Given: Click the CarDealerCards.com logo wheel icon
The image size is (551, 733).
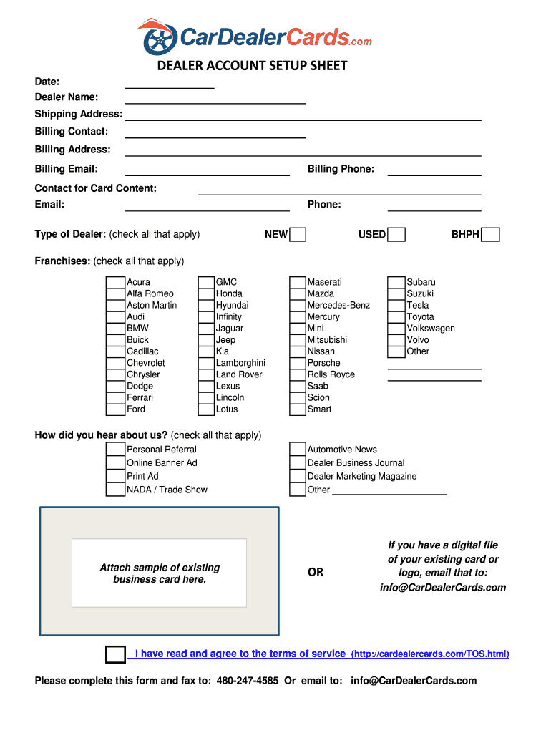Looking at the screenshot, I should tap(159, 38).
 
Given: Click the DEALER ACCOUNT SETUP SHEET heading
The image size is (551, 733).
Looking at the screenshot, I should tap(253, 66).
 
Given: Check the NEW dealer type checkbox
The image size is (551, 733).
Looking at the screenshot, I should tap(298, 235).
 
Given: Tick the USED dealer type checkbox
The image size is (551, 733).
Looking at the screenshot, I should tap(396, 235).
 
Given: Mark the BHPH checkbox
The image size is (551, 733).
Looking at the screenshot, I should tap(490, 235).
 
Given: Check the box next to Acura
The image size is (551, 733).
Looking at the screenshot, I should tap(115, 282).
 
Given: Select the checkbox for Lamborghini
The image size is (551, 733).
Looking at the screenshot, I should tap(206, 363).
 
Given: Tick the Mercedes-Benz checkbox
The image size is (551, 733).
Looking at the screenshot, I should tap(298, 305).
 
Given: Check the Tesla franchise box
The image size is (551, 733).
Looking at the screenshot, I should tap(396, 305).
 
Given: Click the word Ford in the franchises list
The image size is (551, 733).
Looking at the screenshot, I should tap(136, 409).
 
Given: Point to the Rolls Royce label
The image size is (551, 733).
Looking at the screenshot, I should tap(331, 374).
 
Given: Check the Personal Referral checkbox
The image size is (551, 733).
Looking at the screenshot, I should tap(115, 450).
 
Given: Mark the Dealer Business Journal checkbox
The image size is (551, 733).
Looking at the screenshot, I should tap(298, 463).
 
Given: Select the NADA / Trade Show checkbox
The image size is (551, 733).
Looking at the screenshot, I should tap(115, 490).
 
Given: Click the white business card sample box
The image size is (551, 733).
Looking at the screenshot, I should tap(159, 573).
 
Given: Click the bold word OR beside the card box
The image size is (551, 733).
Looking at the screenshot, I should tap(316, 573).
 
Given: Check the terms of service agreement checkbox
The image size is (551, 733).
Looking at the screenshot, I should tap(115, 654).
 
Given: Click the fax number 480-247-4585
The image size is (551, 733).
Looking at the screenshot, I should tap(248, 681).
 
